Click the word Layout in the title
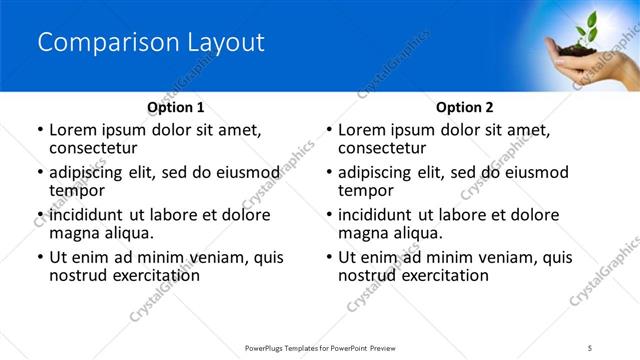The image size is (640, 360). coord(223,42)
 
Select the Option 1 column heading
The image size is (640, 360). coord(176,107)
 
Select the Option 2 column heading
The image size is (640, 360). coord(465,107)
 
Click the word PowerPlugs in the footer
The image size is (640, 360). coord(269,346)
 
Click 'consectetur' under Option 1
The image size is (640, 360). coord(92,148)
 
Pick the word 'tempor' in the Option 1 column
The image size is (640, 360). coord(76,191)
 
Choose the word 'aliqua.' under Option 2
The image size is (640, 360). coord(416,233)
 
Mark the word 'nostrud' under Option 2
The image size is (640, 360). coord(367,275)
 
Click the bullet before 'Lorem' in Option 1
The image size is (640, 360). coord(39,131)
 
